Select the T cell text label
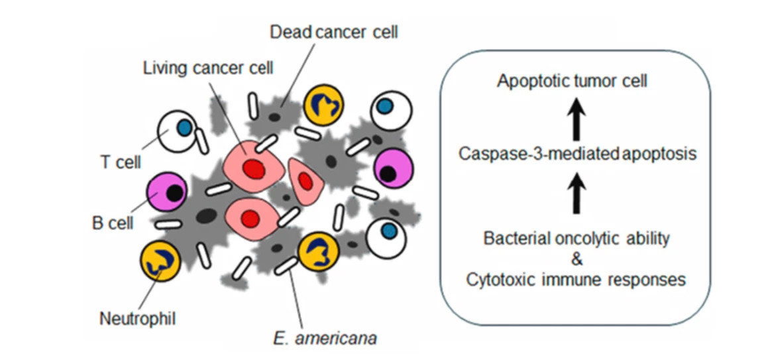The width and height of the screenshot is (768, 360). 119,162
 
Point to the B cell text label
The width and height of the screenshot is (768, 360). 112,223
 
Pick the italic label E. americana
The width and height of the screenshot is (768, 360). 325,339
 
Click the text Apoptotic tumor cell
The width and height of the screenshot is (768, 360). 572,82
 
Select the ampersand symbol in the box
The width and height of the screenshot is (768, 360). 575,259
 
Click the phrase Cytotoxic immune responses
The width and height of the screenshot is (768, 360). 575,280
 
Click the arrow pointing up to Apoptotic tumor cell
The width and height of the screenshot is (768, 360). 575,119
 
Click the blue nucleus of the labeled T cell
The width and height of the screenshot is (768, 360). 185,125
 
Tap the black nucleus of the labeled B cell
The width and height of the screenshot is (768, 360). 175,193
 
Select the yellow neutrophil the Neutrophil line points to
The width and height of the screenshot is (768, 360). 160,261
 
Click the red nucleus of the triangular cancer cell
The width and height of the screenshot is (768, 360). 305,180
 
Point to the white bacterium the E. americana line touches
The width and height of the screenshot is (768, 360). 286,266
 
